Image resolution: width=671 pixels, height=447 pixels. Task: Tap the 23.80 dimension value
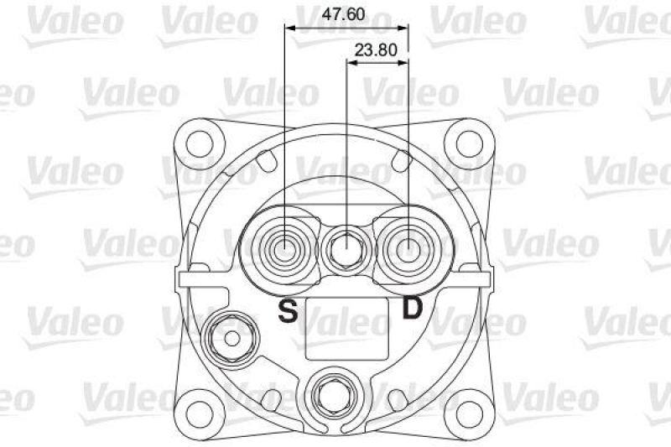point(375,49)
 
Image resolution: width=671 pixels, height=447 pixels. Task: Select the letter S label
point(288,311)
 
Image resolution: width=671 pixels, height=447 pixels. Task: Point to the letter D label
point(412,309)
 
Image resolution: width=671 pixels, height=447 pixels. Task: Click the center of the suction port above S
point(285,248)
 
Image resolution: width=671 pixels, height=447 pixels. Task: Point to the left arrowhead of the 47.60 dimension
point(289,28)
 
